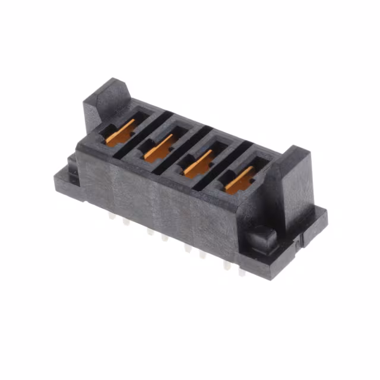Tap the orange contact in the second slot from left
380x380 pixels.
click(x=158, y=146)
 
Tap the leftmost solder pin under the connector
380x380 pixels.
click(x=111, y=218)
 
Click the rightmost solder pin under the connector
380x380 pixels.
click(x=242, y=273)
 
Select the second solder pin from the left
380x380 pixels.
click(x=126, y=224)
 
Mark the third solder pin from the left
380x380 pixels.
click(x=150, y=233)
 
